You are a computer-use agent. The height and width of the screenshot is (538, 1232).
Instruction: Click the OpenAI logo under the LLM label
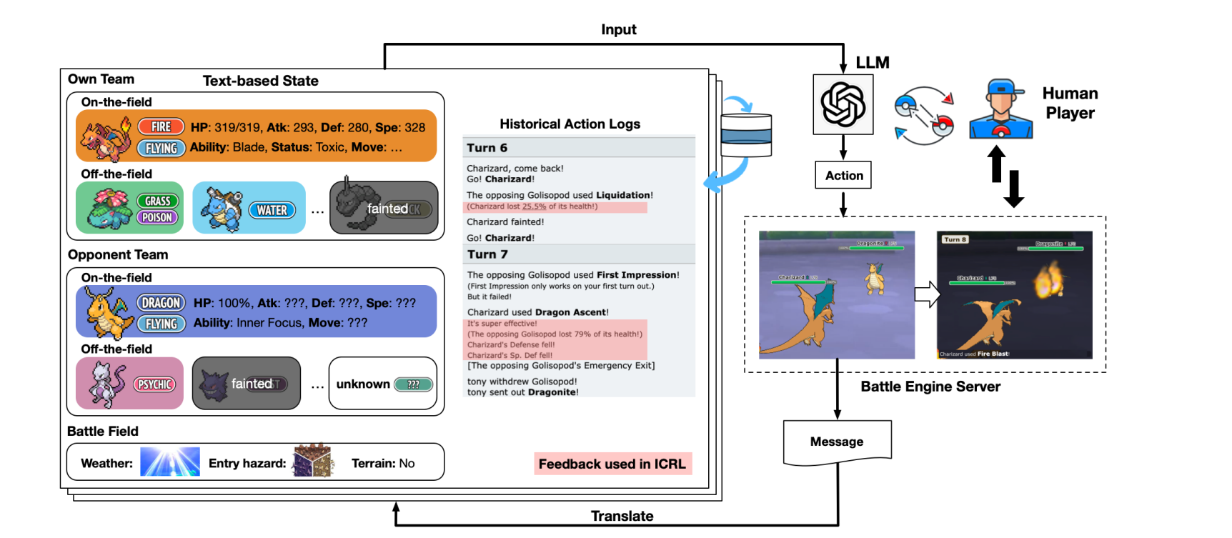click(x=843, y=104)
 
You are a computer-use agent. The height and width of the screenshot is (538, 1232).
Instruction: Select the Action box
click(x=843, y=175)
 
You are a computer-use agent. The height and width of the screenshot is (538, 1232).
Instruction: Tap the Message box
click(x=837, y=442)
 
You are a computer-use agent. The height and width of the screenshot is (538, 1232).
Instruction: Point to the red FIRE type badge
click(x=161, y=126)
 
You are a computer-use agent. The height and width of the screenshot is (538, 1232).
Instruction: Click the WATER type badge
click(x=272, y=210)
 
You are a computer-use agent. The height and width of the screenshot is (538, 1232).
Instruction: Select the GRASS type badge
click(x=157, y=201)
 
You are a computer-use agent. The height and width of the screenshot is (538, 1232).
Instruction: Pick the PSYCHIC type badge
click(x=154, y=384)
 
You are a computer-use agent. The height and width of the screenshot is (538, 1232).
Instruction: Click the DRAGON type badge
click(x=161, y=303)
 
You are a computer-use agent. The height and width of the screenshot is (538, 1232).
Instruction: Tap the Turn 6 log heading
click(x=487, y=148)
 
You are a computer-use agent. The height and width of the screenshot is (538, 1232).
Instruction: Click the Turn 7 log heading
click(x=487, y=254)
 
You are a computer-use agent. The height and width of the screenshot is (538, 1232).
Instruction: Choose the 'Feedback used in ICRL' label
click(x=612, y=464)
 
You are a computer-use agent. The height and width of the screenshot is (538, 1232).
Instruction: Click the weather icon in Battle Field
click(x=170, y=462)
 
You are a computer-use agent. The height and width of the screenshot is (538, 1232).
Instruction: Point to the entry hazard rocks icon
click(x=313, y=461)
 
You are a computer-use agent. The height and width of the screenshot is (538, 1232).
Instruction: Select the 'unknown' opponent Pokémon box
click(x=383, y=384)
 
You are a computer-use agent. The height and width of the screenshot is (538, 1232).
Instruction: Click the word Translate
click(x=622, y=516)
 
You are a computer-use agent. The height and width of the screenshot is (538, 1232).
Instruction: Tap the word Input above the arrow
click(x=618, y=29)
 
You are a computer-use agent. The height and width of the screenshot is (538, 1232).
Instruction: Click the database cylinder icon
click(x=746, y=134)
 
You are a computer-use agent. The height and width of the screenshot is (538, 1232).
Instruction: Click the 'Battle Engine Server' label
click(x=930, y=387)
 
